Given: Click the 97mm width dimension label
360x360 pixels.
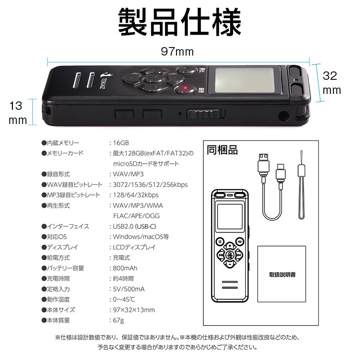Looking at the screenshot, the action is point(177,51).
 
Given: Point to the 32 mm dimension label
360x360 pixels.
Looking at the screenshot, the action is point(332,83).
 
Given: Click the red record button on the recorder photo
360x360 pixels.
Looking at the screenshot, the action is point(185,89).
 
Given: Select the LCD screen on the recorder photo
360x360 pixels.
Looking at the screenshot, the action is point(245,81).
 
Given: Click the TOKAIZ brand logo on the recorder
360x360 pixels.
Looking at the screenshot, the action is point(103,81).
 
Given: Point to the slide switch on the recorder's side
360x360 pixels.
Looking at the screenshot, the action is point(205,114).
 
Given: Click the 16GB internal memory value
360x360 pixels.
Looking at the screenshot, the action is point(121,143).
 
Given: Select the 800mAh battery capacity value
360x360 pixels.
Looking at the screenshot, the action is point(125,268).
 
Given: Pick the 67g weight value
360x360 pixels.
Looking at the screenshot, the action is point(118,320).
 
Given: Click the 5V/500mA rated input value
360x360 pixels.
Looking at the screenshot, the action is point(129,289).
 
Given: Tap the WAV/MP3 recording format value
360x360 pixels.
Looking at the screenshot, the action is point(128,174).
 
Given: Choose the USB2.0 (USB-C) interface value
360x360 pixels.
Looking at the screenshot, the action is point(134,226).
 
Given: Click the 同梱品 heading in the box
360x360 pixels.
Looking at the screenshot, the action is point(222,150).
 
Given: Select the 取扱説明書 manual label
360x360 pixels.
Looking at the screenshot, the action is point(282,275).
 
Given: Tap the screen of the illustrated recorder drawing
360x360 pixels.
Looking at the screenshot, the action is point(230,216).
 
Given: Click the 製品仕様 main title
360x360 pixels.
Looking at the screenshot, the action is point(180,22).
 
